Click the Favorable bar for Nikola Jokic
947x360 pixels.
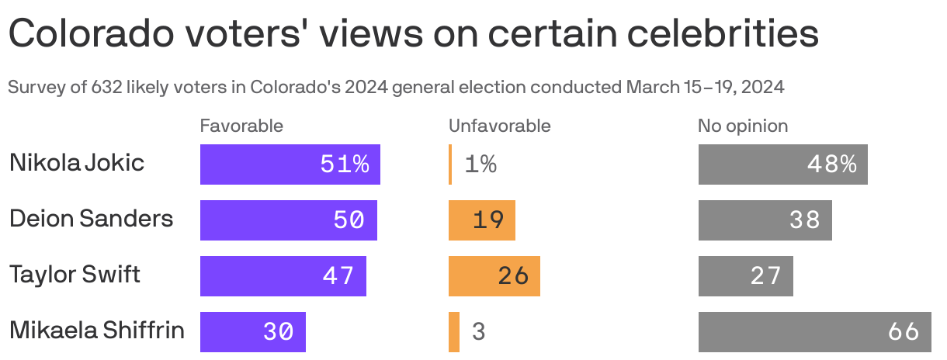coord(290,164)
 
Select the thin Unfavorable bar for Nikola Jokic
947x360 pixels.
coord(450,164)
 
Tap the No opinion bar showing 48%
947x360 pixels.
coord(782,164)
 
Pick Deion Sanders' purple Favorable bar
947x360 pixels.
coord(288,220)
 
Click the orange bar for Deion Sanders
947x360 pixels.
coord(481,220)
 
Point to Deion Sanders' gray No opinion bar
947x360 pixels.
coord(765,220)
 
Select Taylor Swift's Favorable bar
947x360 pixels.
coord(283,276)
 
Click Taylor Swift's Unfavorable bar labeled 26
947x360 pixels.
coord(494,276)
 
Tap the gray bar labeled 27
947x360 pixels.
coord(745,276)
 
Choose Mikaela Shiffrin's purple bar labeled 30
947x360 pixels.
coord(252,332)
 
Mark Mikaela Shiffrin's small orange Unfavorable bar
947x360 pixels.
coord(454,332)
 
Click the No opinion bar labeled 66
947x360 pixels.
coord(814,332)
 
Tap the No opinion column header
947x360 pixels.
coord(742,126)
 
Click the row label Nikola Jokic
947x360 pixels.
coord(77,164)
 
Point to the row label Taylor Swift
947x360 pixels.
coord(75,275)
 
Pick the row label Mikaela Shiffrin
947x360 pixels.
coord(97,331)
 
